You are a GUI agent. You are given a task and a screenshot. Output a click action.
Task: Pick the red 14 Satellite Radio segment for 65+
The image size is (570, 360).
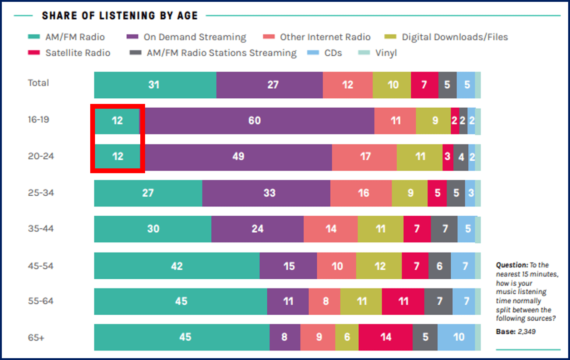click(386, 337)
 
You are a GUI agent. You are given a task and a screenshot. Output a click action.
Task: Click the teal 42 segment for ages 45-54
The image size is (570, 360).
click(177, 266)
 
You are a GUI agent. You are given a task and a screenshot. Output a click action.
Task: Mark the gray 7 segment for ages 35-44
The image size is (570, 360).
click(444, 229)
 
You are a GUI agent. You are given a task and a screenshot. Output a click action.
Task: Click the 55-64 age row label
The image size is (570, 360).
click(41, 301)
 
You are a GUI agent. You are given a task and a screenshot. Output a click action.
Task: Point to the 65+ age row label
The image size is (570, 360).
click(36, 338)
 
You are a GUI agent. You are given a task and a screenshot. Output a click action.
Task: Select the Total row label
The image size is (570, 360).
click(38, 83)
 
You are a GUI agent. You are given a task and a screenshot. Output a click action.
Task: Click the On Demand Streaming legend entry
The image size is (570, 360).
click(194, 37)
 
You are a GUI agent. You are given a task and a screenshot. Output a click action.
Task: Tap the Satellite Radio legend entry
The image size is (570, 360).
click(77, 53)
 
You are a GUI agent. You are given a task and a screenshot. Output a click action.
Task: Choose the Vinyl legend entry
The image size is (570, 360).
click(386, 53)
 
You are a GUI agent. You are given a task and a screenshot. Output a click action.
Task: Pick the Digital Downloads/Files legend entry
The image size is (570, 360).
click(454, 37)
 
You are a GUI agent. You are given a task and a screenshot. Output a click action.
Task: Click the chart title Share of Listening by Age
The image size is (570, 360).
click(120, 16)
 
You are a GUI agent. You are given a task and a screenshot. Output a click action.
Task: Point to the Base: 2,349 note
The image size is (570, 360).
click(516, 332)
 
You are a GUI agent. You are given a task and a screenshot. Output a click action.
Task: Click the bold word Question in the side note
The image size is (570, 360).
click(512, 265)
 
